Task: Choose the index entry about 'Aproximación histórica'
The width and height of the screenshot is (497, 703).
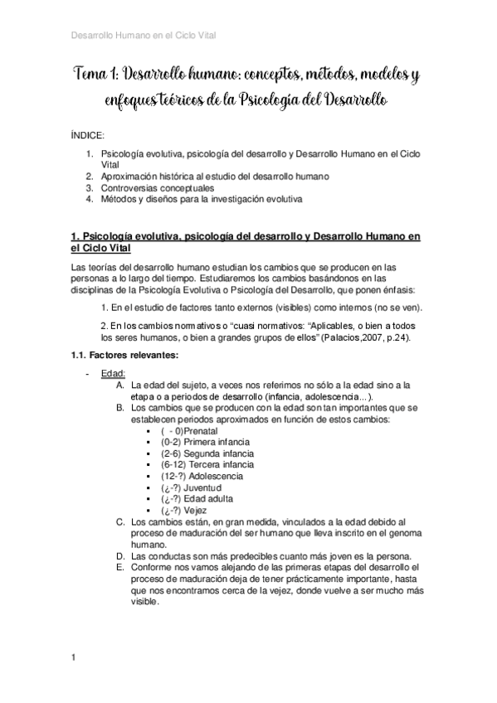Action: tap(215, 177)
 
